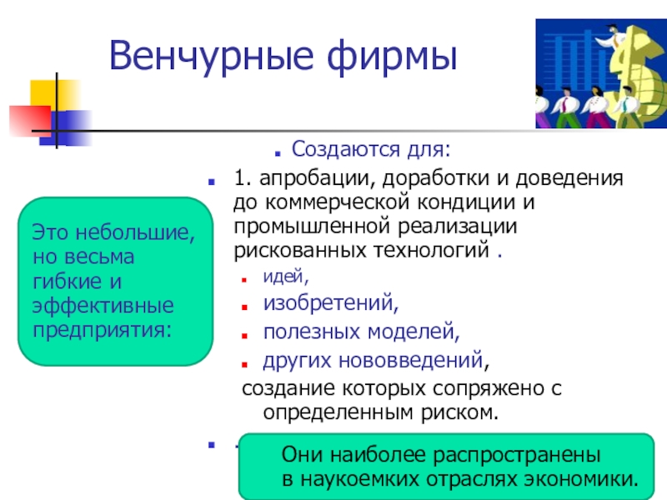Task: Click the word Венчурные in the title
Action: (212, 57)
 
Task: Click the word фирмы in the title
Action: (392, 57)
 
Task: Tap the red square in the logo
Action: (30, 121)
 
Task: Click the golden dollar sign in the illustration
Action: (634, 72)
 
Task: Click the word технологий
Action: (431, 250)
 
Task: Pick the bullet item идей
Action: (286, 277)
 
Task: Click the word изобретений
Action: (330, 303)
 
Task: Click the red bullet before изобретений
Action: (244, 307)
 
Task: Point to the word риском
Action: (459, 412)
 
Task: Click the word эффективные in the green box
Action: (103, 306)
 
